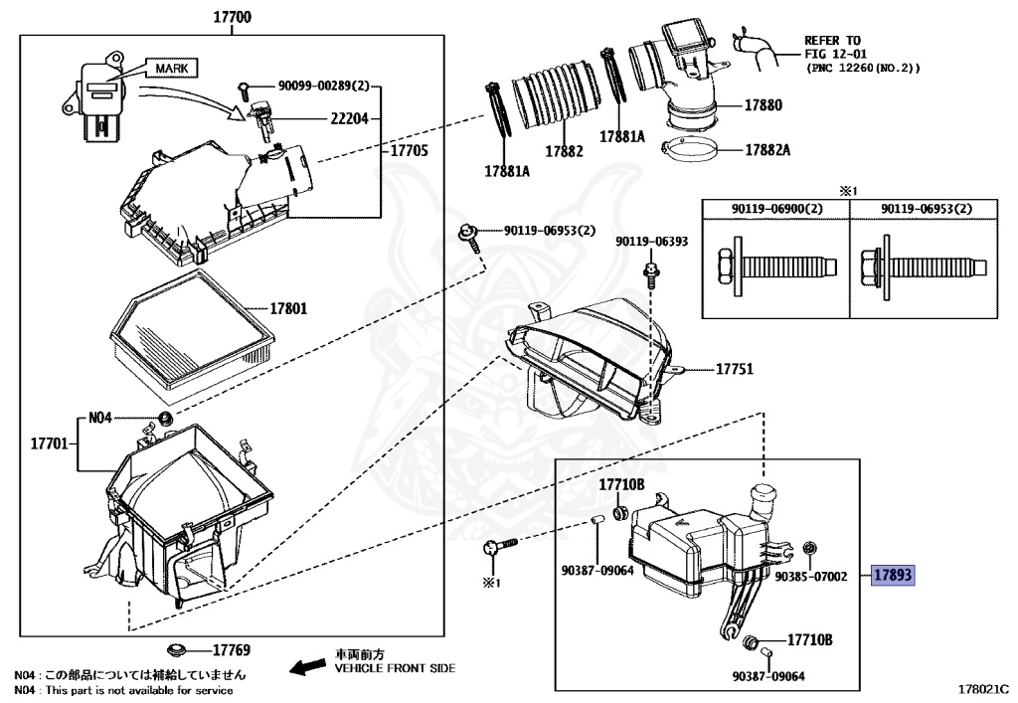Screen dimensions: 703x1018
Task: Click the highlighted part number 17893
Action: tap(892, 575)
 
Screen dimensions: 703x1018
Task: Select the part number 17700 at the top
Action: tap(232, 17)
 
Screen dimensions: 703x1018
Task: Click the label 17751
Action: tap(735, 369)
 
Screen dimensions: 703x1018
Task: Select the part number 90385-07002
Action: tap(810, 576)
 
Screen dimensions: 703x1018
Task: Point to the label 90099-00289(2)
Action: tap(319, 87)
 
